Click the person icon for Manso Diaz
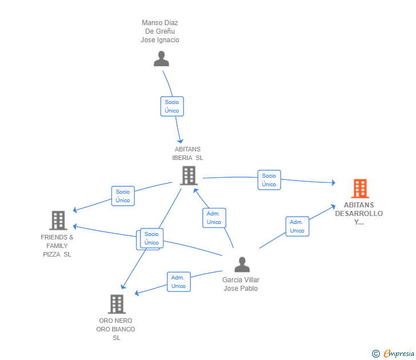click(161, 59)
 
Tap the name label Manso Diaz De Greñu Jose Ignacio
click(160, 31)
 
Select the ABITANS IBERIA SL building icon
click(189, 175)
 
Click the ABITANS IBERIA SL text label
click(187, 154)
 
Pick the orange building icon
click(359, 188)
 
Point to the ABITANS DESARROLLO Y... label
click(359, 213)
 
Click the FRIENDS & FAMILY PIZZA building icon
click(58, 220)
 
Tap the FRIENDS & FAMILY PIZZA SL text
click(57, 246)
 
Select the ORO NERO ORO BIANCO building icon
click(116, 303)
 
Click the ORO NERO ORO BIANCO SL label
click(116, 329)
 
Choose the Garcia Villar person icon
click(242, 265)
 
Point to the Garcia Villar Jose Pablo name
click(241, 284)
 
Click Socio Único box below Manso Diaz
click(172, 106)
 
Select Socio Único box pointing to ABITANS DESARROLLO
click(269, 180)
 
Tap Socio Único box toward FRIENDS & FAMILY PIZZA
click(123, 196)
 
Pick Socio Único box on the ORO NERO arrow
click(151, 238)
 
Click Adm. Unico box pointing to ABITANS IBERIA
click(214, 218)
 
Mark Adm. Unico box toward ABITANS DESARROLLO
click(297, 226)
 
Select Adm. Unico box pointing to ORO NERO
click(178, 282)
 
